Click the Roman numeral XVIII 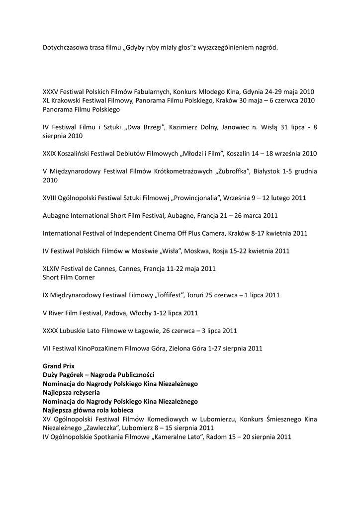click(x=51, y=198)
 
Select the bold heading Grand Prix click(x=59, y=366)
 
